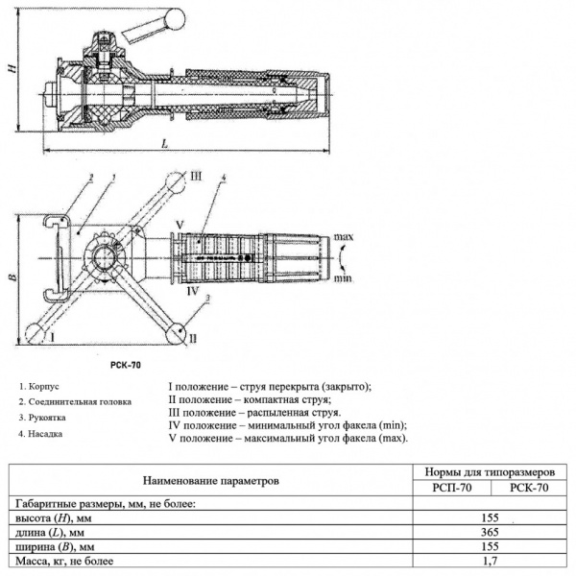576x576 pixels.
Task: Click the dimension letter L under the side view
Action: pyautogui.click(x=165, y=143)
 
